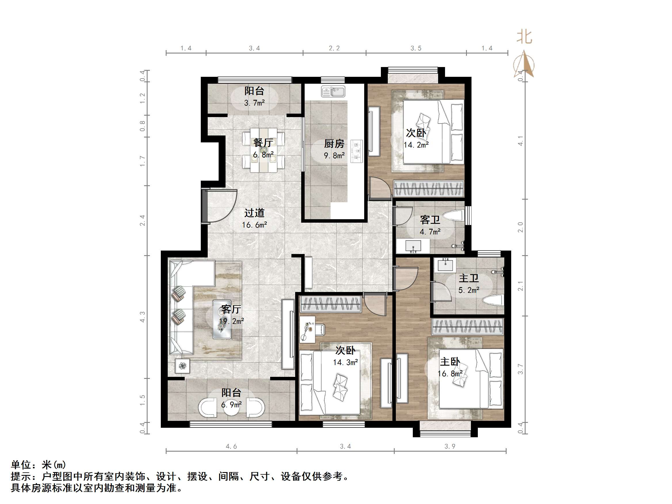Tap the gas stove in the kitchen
coord(356,151)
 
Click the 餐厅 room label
coord(263,142)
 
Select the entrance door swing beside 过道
coord(220,207)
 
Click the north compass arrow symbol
coord(524,64)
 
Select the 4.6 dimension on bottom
coord(231,446)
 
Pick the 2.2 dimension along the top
coord(334,48)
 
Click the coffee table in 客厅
coord(222,319)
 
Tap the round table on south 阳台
coord(232,407)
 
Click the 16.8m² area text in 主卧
coord(450,373)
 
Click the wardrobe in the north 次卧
coord(428,189)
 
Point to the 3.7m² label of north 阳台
coord(254,103)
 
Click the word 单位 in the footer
coord(21,465)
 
